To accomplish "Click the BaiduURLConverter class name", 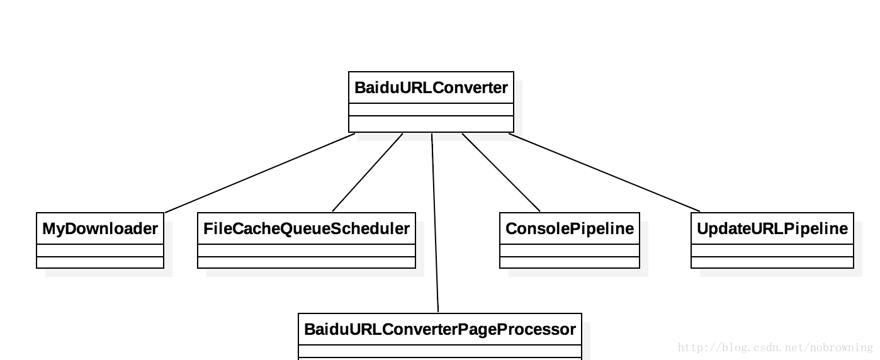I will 431,88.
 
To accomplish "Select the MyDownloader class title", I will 100,229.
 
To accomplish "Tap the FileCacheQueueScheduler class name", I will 307,229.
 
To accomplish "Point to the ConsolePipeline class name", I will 570,229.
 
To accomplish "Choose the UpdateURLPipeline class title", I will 772,229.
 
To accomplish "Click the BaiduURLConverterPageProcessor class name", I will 439,329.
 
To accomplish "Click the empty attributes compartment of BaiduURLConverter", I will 431,110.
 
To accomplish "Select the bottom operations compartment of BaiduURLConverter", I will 431,123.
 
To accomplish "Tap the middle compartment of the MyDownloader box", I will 100,250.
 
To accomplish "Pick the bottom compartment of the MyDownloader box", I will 100,262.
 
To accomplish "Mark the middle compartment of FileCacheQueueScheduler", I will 307,250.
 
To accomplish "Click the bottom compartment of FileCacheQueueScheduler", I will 307,262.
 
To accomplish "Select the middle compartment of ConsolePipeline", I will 570,250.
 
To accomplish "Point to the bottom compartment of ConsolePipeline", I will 570,262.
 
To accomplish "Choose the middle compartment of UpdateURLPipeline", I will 772,250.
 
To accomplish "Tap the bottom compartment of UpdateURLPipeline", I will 772,262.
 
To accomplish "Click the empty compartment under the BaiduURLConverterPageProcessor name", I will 439,351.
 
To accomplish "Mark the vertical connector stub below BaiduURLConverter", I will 432,137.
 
